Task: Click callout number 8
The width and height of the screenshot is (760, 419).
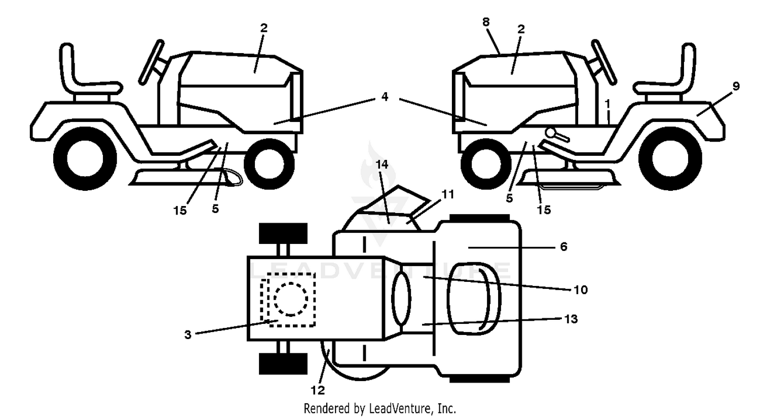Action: tap(486, 22)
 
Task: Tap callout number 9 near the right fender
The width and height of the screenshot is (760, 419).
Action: tap(736, 86)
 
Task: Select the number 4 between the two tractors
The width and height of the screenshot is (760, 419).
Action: tap(385, 97)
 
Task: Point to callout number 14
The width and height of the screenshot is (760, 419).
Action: tap(382, 164)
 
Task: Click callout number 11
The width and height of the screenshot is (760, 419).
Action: tap(448, 195)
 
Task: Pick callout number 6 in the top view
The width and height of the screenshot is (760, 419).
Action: tap(563, 247)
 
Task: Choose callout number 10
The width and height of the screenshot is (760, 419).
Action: tap(581, 290)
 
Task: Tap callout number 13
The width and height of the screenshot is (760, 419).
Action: tap(571, 319)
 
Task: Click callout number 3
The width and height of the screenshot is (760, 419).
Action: tap(187, 335)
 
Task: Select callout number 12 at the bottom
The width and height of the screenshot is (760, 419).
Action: tap(318, 391)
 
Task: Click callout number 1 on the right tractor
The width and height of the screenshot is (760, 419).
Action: tap(607, 103)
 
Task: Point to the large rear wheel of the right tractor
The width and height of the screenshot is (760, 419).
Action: tap(670, 158)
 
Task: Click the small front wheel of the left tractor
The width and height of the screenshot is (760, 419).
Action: tap(269, 164)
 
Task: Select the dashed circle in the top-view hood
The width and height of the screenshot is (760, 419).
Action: tap(291, 300)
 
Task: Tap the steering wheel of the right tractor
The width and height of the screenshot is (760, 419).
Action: tap(603, 62)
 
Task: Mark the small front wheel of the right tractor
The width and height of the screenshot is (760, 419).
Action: tap(486, 164)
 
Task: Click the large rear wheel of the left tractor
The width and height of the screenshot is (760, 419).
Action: tap(85, 158)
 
